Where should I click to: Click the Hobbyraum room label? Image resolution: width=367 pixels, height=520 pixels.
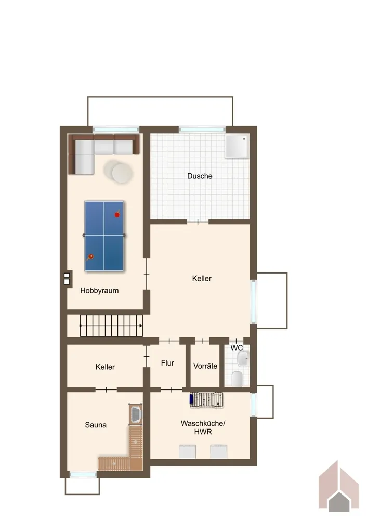(99, 291)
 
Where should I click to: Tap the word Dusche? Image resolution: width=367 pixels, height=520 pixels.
(200, 176)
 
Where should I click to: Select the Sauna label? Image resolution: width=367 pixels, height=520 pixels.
(96, 425)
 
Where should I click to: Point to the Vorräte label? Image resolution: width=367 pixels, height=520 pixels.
(205, 366)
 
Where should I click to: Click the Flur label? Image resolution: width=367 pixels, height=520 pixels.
(167, 363)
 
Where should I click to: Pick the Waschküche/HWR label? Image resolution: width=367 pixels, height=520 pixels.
(203, 427)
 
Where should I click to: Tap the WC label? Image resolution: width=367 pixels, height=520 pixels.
(237, 348)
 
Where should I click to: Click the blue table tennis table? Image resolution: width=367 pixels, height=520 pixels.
(104, 236)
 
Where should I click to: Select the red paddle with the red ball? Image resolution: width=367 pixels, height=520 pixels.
(117, 214)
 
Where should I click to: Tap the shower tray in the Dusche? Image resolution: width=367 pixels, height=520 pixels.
(237, 146)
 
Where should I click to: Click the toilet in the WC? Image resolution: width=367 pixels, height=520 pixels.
(237, 379)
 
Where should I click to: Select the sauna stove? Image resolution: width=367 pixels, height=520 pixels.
(136, 414)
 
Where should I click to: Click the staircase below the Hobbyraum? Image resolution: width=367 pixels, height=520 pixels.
(111, 326)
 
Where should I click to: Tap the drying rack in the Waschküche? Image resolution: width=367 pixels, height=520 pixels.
(206, 399)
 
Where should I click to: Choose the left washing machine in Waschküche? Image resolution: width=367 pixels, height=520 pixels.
(187, 451)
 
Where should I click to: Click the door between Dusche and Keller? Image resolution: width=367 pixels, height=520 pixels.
(198, 222)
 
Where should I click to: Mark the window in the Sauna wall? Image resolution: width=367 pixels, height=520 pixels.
(83, 475)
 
